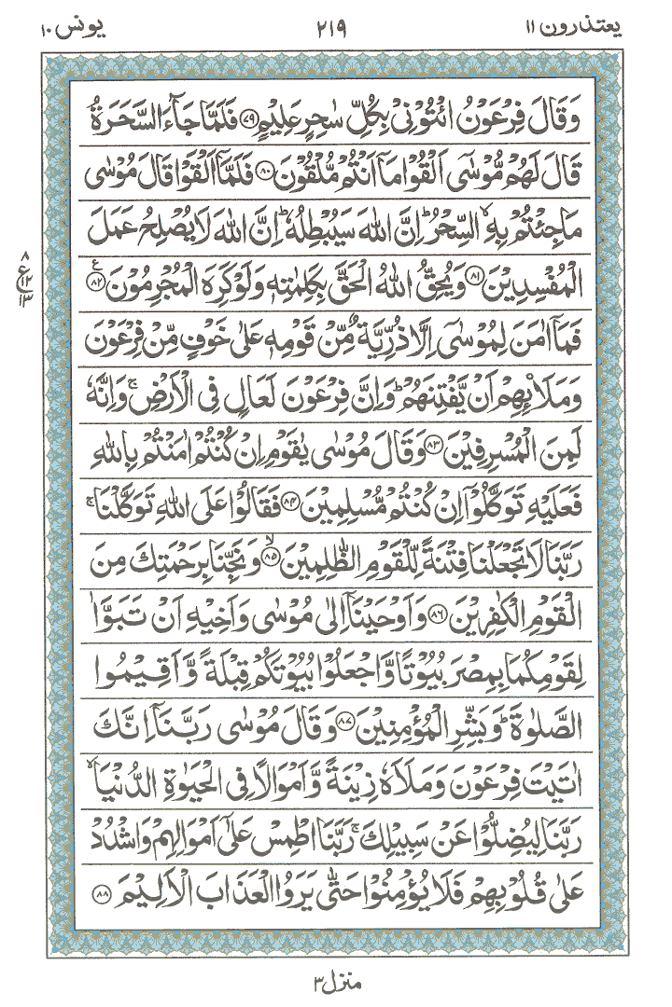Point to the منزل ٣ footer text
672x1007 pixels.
pyautogui.click(x=334, y=978)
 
